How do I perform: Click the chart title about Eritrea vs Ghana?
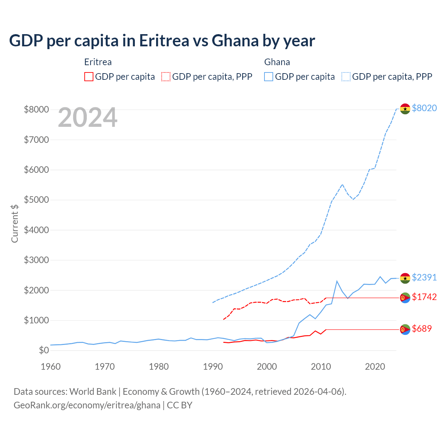tap(162, 41)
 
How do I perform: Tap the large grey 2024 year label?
tap(87, 118)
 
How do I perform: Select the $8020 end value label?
tap(424, 108)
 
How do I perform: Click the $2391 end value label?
tap(424, 277)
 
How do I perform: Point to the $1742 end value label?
tap(424, 297)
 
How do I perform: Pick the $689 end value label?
tap(422, 329)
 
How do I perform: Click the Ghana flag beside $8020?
tap(405, 109)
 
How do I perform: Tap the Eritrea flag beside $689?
tap(405, 329)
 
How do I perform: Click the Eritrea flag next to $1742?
tap(405, 298)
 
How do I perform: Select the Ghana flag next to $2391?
tap(405, 278)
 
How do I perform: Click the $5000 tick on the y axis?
tap(36, 200)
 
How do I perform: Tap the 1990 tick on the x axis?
tap(213, 367)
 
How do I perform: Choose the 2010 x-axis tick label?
tap(321, 367)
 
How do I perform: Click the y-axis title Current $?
tap(15, 223)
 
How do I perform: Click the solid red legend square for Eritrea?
tap(89, 77)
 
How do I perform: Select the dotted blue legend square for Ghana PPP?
tap(346, 77)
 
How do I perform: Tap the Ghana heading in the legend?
tap(277, 62)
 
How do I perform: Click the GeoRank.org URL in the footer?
tap(87, 405)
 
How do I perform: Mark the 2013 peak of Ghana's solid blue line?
tap(337, 281)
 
